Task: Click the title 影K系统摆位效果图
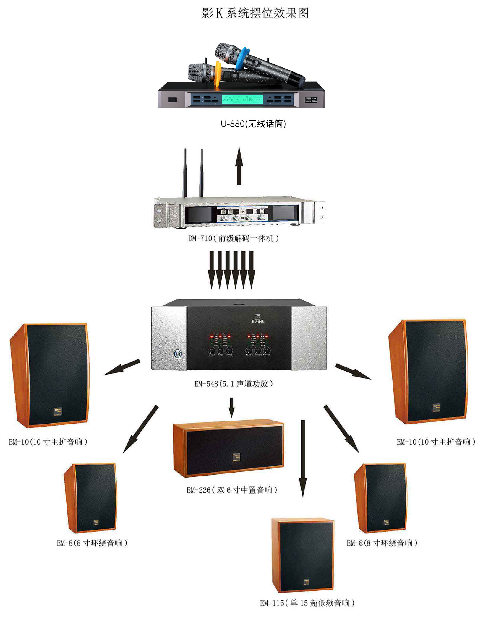click(x=255, y=13)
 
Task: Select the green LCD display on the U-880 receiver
click(x=242, y=100)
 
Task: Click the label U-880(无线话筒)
click(x=253, y=124)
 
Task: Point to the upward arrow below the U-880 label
click(x=239, y=165)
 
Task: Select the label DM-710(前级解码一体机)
click(x=234, y=238)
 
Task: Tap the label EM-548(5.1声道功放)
click(x=234, y=384)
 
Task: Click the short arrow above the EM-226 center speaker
click(x=232, y=407)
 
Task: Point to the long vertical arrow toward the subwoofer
click(x=302, y=458)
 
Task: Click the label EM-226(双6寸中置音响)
click(x=232, y=490)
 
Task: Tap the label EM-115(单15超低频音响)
click(x=307, y=603)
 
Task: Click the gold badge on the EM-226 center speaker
click(x=236, y=457)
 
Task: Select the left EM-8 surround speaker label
click(x=92, y=543)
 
